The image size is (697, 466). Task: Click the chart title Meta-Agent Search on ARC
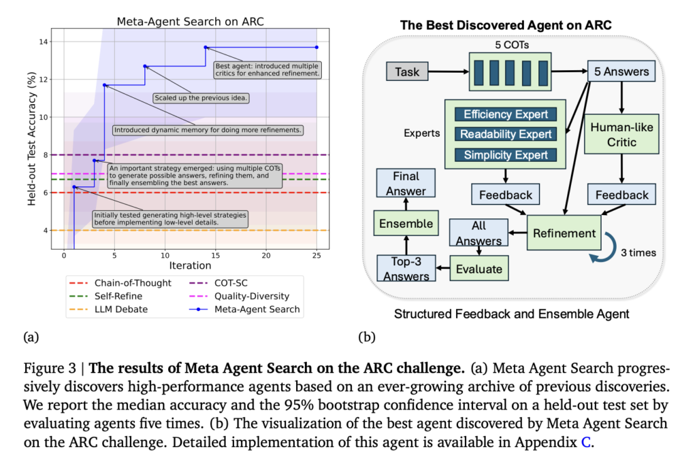(190, 21)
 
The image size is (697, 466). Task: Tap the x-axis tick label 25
(316, 255)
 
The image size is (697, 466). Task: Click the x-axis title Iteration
(190, 266)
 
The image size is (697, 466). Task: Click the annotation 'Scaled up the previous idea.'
(201, 98)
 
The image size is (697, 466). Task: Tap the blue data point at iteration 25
(317, 47)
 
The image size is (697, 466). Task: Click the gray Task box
(408, 70)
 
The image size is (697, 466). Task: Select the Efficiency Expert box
(505, 114)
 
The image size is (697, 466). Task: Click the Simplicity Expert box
(505, 155)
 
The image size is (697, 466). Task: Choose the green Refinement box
(565, 233)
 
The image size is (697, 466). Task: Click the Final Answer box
(406, 184)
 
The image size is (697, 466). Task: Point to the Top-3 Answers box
(406, 268)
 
